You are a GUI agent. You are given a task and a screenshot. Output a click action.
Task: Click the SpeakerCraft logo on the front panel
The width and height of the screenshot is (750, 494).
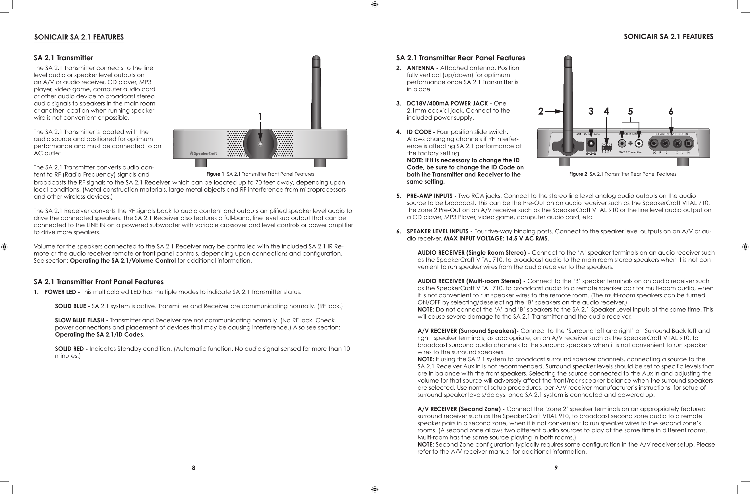[x=203, y=153]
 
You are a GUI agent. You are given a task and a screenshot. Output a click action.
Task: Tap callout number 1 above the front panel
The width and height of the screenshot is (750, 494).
[x=260, y=117]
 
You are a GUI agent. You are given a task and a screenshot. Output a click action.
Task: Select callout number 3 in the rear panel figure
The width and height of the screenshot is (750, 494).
[x=591, y=111]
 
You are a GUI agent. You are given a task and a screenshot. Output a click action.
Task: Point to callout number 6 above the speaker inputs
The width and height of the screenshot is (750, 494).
[x=671, y=111]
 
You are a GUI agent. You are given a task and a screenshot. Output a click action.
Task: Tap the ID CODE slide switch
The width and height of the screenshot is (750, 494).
[x=607, y=148]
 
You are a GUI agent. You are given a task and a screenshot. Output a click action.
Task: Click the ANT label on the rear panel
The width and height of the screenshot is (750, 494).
[x=579, y=134]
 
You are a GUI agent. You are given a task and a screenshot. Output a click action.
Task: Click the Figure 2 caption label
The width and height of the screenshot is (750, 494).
[x=578, y=174]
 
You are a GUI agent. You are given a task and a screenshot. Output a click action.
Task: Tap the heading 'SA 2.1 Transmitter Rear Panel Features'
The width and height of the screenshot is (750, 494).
[x=460, y=58]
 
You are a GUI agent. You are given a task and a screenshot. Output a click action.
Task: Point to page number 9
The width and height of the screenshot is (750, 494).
[x=556, y=468]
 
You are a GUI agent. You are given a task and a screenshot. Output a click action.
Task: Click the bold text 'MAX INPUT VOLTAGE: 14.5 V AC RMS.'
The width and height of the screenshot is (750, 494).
[x=496, y=238]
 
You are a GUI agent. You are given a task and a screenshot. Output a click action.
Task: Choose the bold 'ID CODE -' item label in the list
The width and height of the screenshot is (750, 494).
[x=421, y=132]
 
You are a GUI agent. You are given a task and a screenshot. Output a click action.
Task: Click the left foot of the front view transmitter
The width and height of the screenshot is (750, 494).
[x=201, y=162]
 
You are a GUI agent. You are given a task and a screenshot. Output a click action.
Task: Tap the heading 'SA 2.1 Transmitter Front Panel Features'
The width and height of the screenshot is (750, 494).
[x=99, y=282]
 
